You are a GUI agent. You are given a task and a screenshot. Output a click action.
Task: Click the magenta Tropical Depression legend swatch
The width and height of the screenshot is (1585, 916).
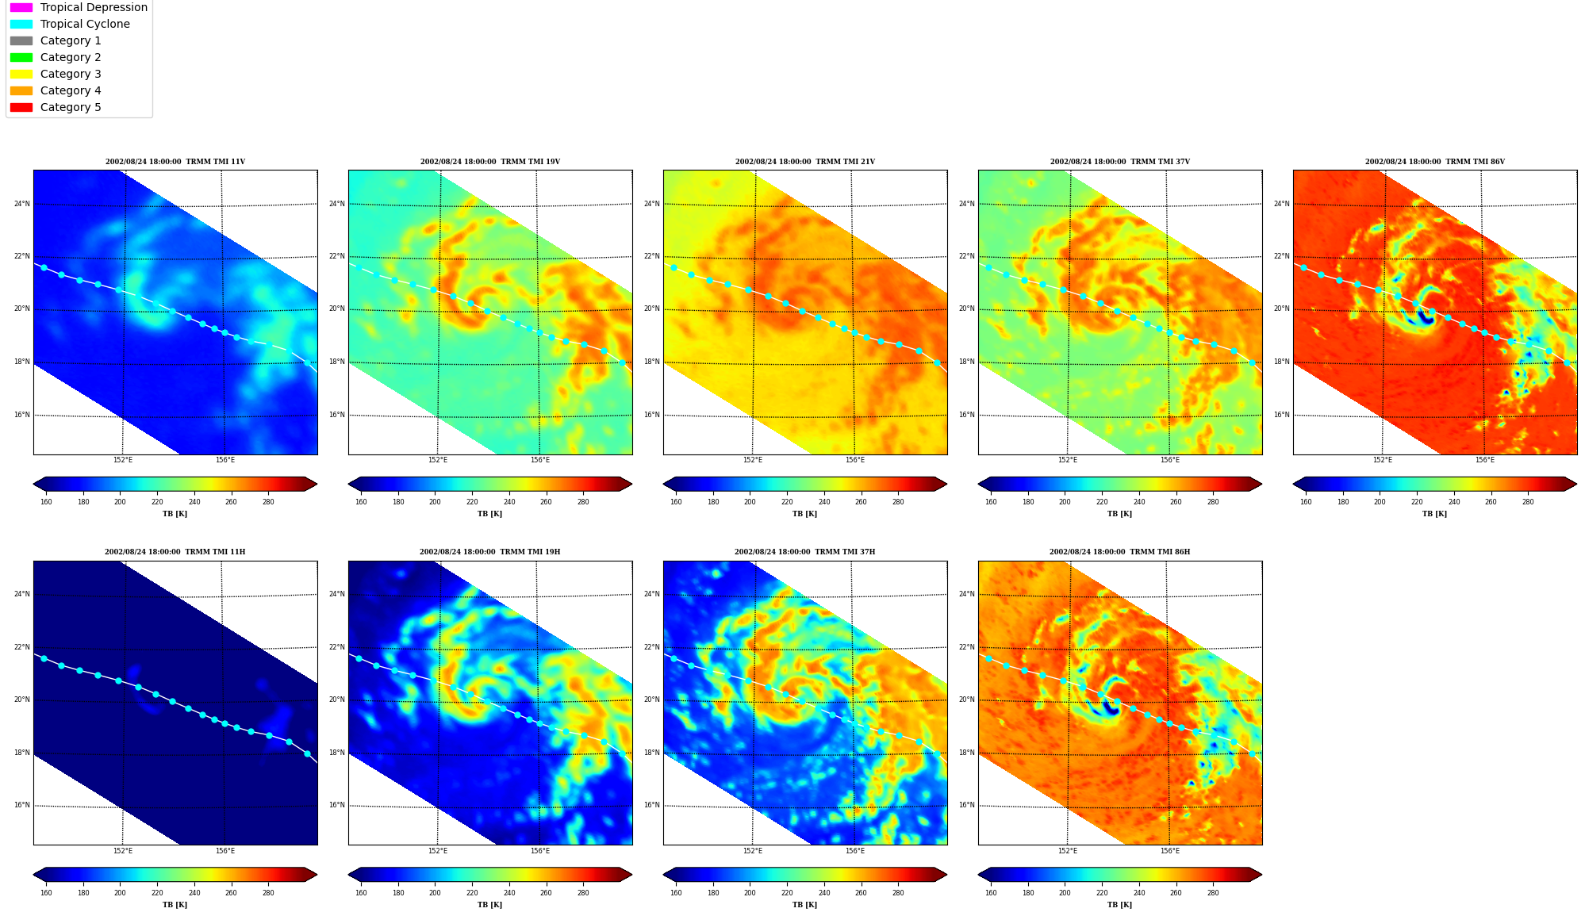pyautogui.click(x=21, y=7)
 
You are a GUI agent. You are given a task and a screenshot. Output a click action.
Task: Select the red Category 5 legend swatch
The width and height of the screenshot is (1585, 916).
pyautogui.click(x=21, y=107)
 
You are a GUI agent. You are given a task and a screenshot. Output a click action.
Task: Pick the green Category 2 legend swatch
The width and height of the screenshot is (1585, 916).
pyautogui.click(x=21, y=57)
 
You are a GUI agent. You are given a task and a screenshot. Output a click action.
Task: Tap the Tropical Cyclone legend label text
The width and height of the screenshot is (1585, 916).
pyautogui.click(x=85, y=24)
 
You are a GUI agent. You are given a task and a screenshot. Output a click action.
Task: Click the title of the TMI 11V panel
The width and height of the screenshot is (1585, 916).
pyautogui.click(x=175, y=162)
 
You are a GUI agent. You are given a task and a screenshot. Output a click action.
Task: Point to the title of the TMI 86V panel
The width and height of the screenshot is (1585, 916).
pyautogui.click(x=1434, y=162)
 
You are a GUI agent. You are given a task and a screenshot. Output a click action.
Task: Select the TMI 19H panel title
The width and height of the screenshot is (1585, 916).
pyautogui.click(x=489, y=552)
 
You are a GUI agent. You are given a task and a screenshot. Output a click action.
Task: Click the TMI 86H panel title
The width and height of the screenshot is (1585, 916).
pyautogui.click(x=1119, y=552)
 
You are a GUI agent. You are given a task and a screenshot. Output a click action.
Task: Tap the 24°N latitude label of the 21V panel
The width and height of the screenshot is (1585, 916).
pyautogui.click(x=651, y=204)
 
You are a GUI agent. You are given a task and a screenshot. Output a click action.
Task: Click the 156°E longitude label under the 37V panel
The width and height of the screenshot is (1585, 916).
pyautogui.click(x=1169, y=460)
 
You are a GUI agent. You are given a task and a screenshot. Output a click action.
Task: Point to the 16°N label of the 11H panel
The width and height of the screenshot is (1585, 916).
pyautogui.click(x=21, y=805)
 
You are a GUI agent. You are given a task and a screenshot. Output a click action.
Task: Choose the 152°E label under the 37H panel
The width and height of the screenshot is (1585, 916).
pyautogui.click(x=752, y=851)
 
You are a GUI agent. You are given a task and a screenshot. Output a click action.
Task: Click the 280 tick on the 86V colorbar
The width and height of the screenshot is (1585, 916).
pyautogui.click(x=1528, y=502)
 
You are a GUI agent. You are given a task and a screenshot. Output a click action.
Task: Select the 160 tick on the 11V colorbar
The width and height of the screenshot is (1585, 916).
pyautogui.click(x=46, y=502)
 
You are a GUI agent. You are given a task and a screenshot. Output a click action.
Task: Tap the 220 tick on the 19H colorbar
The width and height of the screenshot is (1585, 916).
pyautogui.click(x=472, y=893)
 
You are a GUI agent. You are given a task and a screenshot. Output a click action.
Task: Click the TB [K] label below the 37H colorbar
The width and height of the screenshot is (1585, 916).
pyautogui.click(x=804, y=905)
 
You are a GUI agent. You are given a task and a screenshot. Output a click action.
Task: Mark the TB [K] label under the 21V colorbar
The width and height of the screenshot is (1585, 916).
pyautogui.click(x=804, y=514)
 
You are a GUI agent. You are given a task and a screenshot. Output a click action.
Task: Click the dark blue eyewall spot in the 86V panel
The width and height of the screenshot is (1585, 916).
pyautogui.click(x=1425, y=317)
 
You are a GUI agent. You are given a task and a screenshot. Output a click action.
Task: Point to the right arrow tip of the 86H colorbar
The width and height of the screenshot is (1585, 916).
pyautogui.click(x=1261, y=875)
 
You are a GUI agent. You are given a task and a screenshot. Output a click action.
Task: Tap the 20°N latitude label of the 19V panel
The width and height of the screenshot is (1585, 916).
pyautogui.click(x=336, y=309)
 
